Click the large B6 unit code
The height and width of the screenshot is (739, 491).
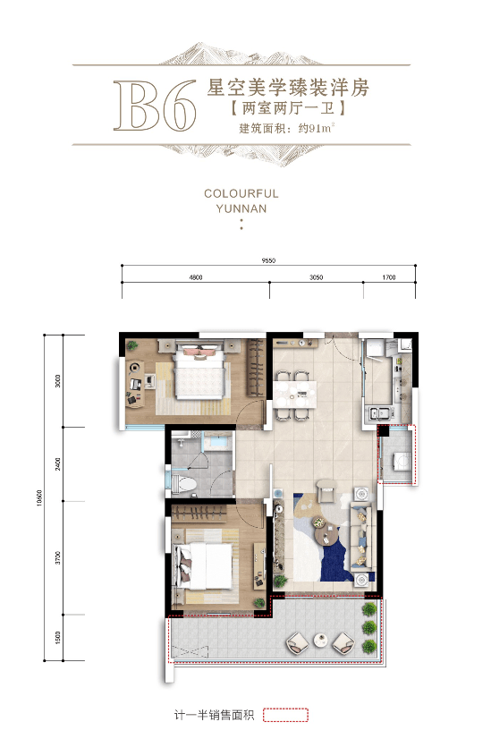[x=155, y=106]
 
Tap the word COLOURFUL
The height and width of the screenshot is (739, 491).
[x=241, y=194]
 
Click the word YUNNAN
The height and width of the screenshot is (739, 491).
[x=241, y=208]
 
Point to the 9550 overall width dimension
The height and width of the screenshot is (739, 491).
[x=268, y=260]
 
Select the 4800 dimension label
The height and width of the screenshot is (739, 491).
[x=196, y=277]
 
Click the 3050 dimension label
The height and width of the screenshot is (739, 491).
[x=317, y=277]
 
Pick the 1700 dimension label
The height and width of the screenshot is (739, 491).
[x=389, y=277]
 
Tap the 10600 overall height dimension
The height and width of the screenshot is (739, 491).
[x=39, y=497]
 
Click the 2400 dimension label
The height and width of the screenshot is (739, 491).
[x=58, y=463]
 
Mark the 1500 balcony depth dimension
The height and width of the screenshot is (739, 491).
[x=58, y=638]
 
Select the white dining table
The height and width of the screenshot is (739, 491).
[x=295, y=395]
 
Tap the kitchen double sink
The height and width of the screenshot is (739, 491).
[x=380, y=412]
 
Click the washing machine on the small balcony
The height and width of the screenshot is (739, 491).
[x=402, y=459]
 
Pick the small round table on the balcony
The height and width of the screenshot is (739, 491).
[x=320, y=640]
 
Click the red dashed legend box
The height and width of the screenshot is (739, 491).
[x=285, y=715]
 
